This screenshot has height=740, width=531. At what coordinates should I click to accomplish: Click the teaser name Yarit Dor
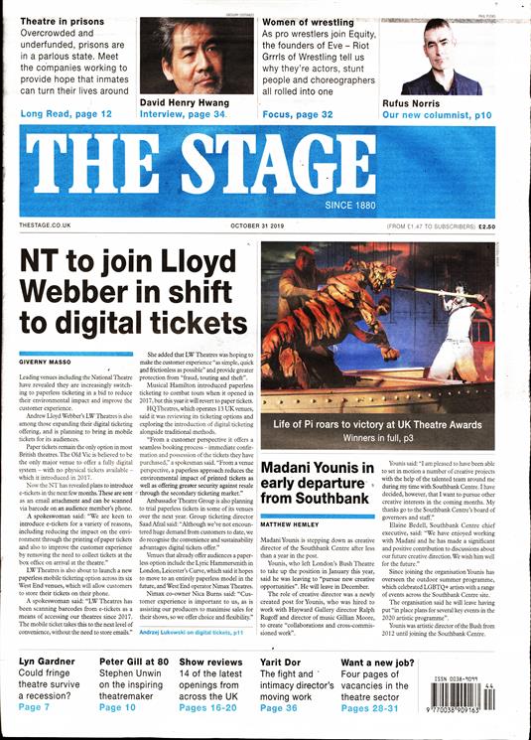(287, 661)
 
